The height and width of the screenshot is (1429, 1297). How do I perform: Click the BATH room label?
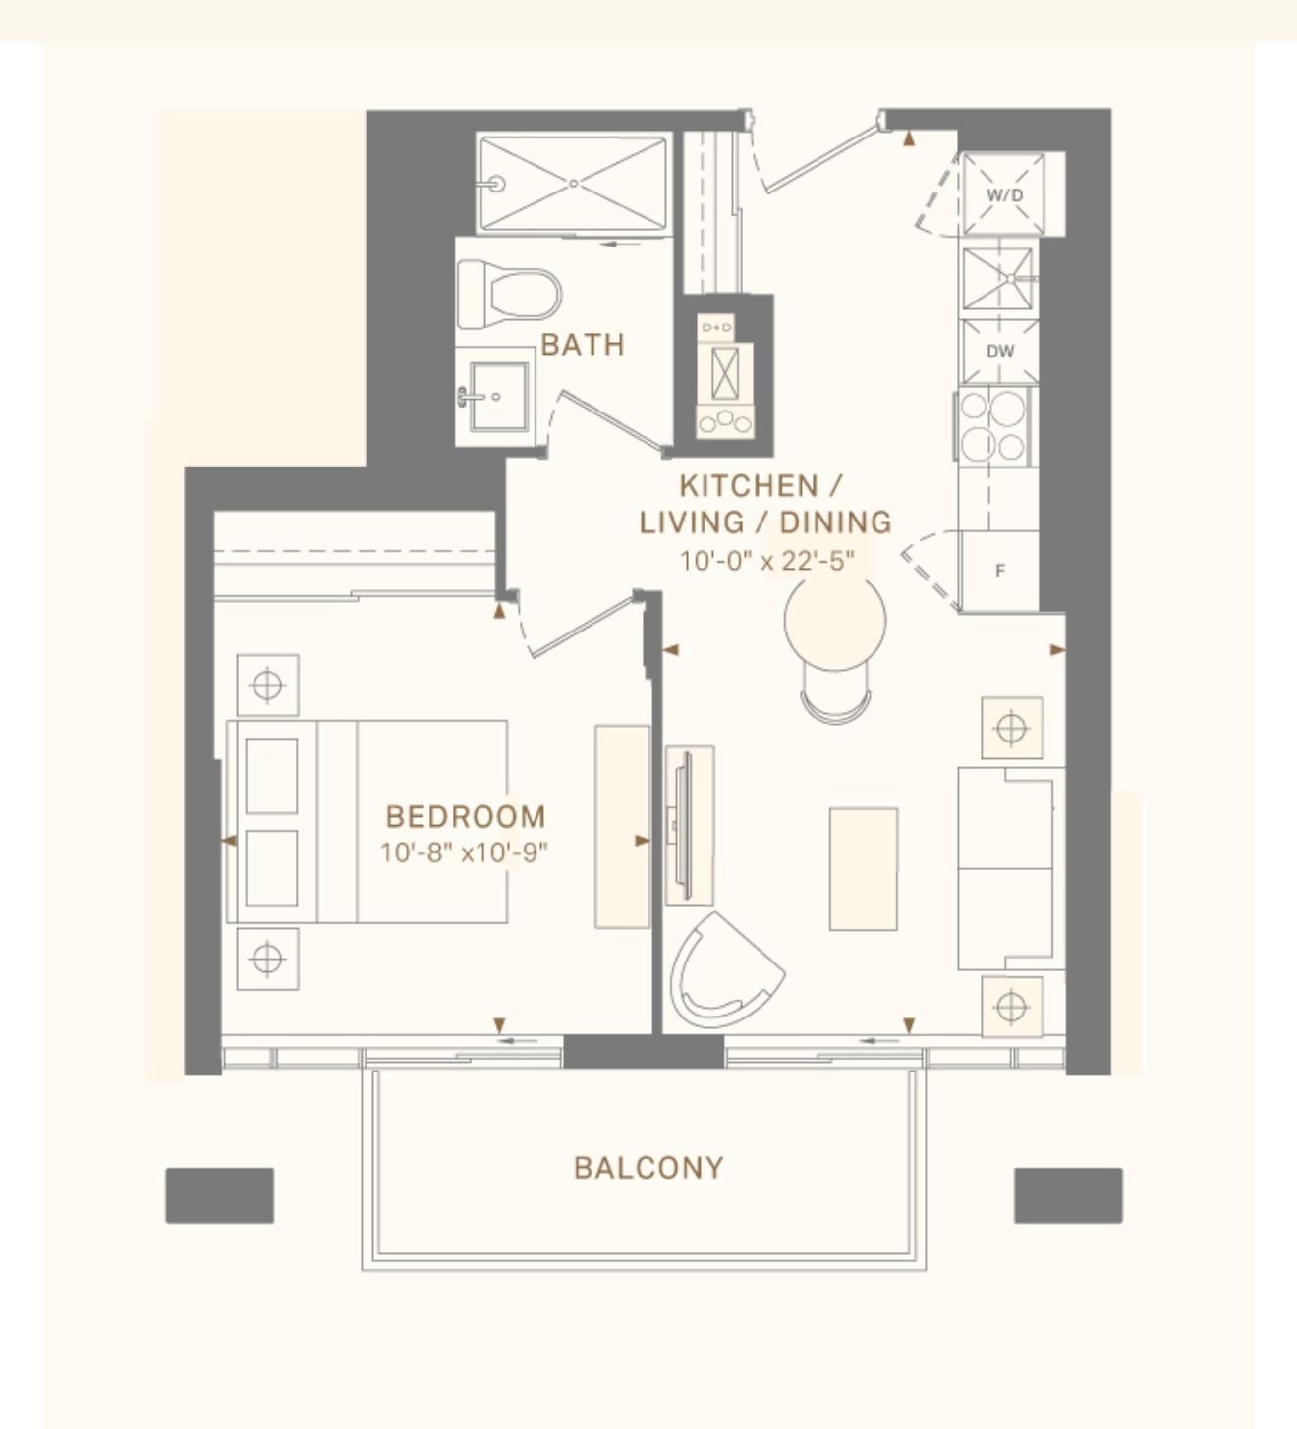583,345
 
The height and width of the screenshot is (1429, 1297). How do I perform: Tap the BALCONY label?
648,1168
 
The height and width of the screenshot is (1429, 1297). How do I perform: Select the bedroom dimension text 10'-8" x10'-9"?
464,852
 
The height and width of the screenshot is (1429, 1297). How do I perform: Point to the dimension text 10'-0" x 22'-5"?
765,561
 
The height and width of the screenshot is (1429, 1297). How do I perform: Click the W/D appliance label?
1004,194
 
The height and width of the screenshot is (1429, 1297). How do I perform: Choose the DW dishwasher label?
999,351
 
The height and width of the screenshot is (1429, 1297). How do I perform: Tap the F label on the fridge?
999,570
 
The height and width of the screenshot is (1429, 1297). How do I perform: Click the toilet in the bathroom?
509,295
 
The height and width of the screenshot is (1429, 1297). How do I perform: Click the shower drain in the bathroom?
573,184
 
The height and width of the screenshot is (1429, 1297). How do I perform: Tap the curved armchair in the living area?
727,972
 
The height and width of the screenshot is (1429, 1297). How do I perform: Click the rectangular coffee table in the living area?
864,869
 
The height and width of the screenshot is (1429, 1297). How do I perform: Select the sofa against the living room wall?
1011,868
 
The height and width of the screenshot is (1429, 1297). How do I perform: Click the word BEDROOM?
467,817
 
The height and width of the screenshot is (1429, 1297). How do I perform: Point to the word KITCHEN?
749,486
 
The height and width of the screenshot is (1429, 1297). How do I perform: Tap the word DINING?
835,522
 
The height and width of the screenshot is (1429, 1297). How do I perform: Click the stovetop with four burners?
994,426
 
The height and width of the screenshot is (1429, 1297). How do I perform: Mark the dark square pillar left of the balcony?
220,1194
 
